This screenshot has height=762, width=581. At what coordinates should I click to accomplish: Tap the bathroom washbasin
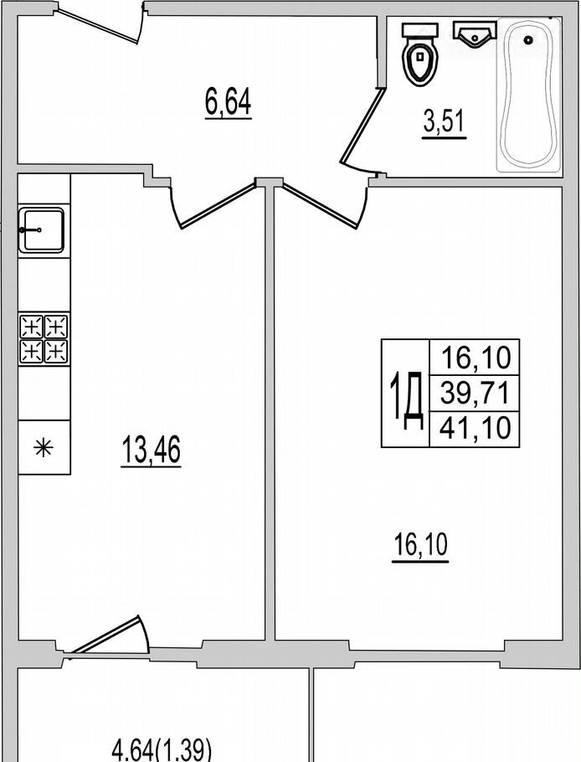tap(475, 34)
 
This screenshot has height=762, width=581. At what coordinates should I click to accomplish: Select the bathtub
tap(529, 95)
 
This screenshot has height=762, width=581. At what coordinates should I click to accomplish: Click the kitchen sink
tap(41, 230)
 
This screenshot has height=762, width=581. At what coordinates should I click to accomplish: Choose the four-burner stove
tap(44, 339)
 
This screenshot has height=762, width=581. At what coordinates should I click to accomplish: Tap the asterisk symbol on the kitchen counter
tap(44, 447)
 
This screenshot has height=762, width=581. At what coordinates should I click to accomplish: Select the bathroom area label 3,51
tap(445, 122)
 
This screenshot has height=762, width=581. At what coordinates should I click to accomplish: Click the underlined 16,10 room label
tap(420, 546)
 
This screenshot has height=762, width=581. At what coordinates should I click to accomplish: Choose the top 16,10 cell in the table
tap(476, 358)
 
